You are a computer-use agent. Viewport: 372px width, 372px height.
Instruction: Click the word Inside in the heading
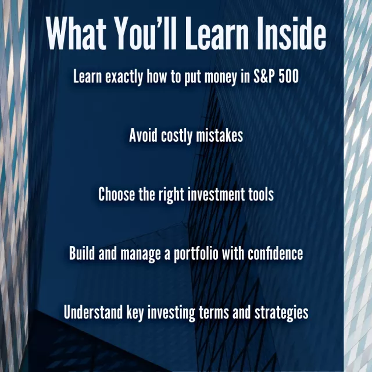click(291, 33)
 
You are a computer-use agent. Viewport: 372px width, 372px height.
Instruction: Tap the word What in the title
click(76, 33)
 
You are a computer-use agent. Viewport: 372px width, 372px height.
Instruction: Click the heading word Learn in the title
click(217, 33)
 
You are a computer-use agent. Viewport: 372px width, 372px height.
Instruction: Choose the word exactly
click(124, 77)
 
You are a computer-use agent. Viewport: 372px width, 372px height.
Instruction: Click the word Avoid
click(143, 135)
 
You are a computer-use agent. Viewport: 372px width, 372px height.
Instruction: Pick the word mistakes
click(220, 135)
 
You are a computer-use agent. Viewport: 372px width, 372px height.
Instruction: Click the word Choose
click(116, 194)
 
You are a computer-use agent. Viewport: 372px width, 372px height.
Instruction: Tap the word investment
click(216, 194)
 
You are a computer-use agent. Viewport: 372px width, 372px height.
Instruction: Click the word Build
click(82, 253)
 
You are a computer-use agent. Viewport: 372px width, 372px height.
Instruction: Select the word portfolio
click(196, 254)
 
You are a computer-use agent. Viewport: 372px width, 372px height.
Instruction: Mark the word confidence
click(275, 253)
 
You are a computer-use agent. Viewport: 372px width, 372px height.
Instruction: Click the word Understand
click(93, 312)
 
